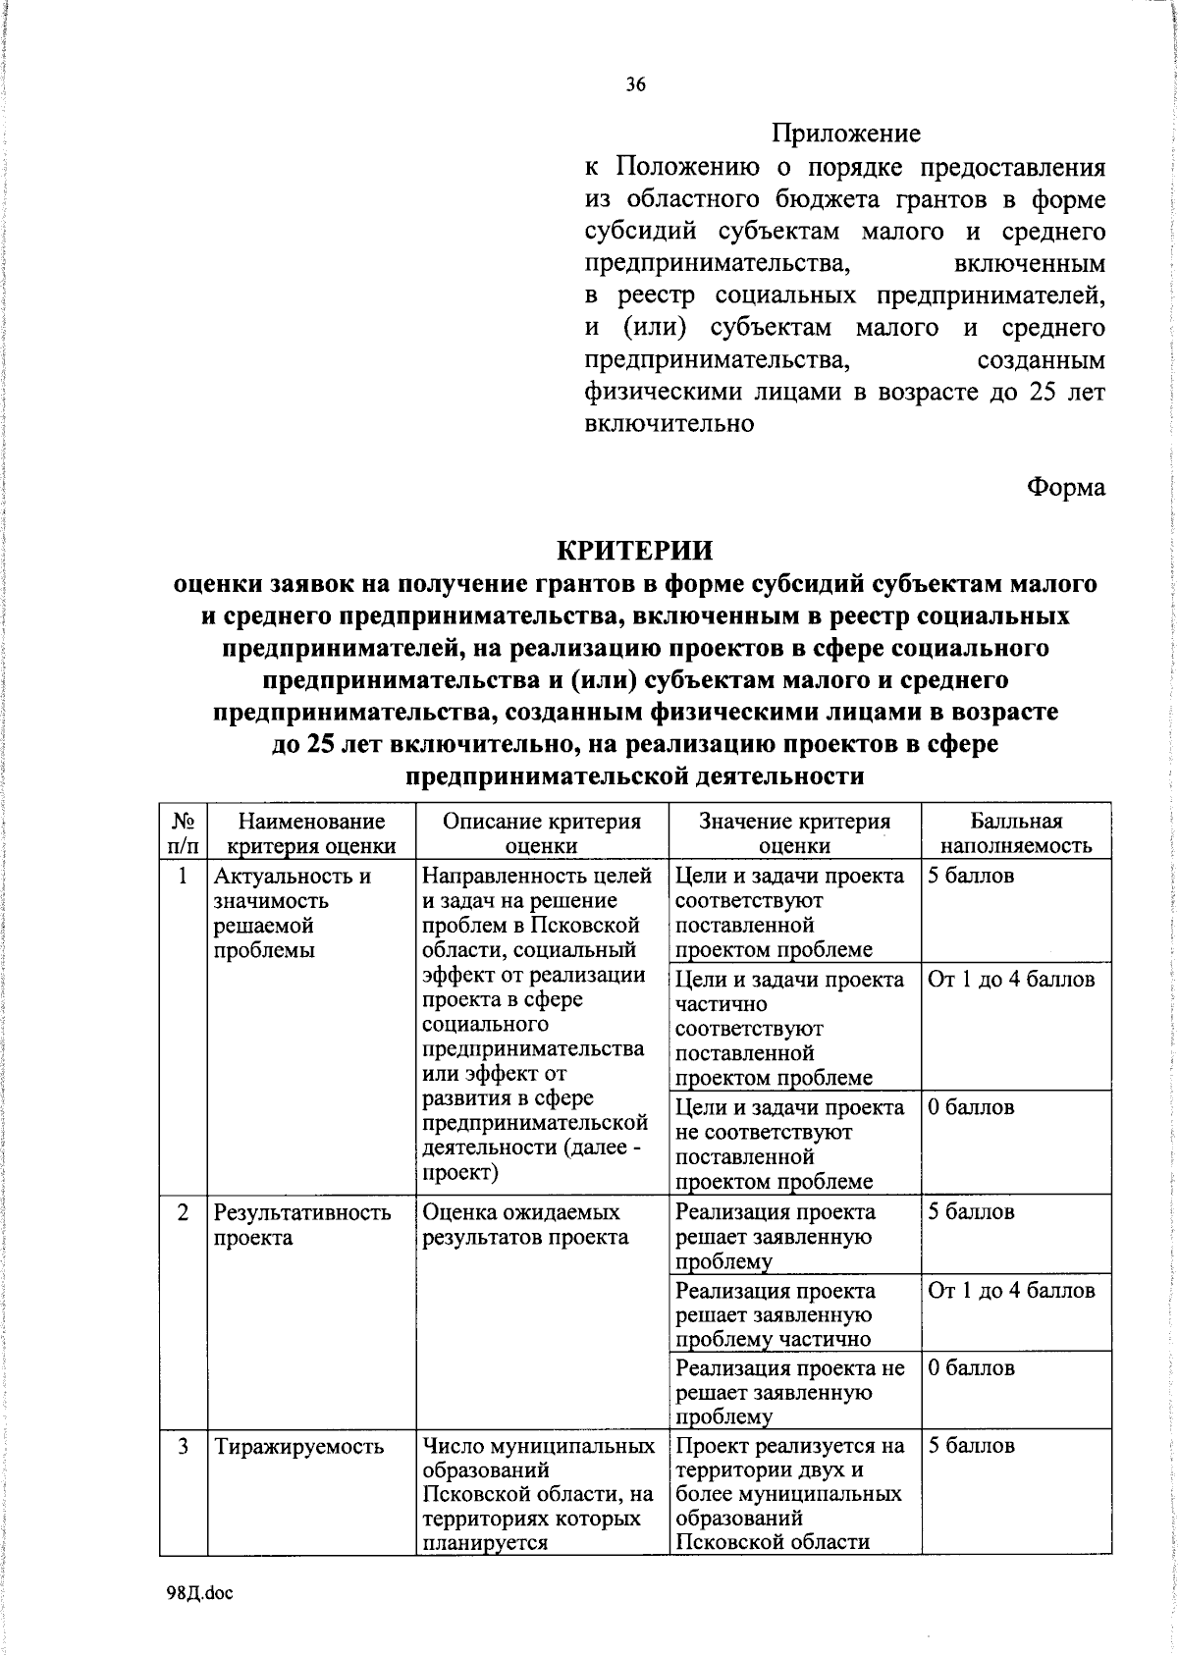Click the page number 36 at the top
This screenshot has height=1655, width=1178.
636,85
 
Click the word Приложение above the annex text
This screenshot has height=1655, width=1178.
845,133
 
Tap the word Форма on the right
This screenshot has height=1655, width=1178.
1066,487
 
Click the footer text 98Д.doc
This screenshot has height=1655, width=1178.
199,1593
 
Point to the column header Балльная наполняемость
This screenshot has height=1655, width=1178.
1016,833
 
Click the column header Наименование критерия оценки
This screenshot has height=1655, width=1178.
311,833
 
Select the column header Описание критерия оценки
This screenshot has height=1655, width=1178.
541,833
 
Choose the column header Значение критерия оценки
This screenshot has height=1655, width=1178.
794,833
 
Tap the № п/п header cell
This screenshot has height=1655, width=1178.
183,833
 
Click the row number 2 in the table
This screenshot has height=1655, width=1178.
183,1212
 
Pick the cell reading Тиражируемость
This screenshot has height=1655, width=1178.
298,1446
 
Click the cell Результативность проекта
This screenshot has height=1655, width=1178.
302,1224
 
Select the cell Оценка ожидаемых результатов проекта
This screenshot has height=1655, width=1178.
525,1224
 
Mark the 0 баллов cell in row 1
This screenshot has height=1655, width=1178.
971,1107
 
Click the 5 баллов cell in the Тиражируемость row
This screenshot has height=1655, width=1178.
971,1446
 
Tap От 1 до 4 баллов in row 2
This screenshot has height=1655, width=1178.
1011,1291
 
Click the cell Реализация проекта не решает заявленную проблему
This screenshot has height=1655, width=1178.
789,1392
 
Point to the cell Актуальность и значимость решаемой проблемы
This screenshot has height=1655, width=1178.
292,913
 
